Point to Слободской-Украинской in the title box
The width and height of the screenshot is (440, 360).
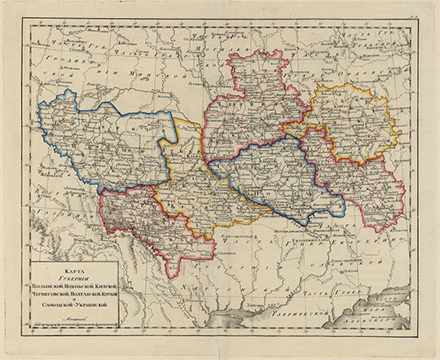(74, 305)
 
